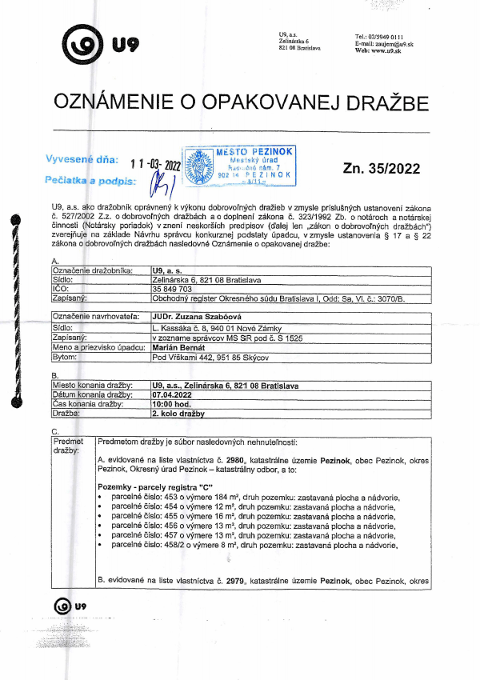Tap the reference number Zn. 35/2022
(381, 168)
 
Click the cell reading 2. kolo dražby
(178, 414)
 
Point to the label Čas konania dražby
(91, 404)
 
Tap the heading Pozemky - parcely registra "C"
(149, 486)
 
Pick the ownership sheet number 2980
(236, 462)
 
